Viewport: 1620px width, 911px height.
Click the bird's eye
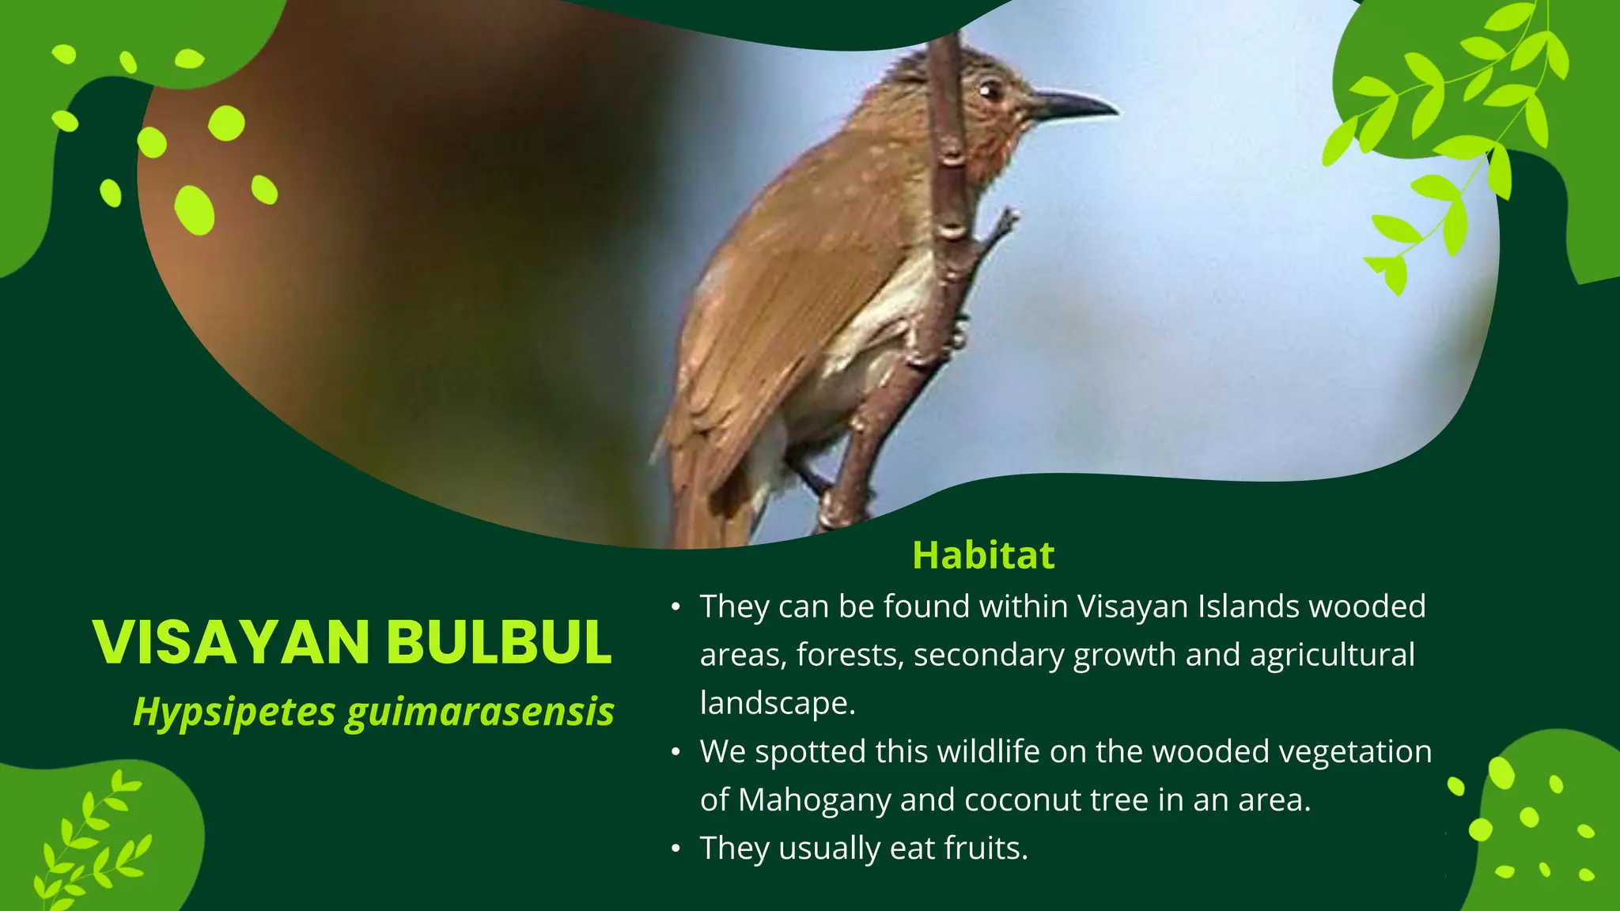click(x=989, y=91)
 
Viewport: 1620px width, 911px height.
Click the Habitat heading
click(x=983, y=555)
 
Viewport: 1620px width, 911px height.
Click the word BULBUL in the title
click(x=499, y=642)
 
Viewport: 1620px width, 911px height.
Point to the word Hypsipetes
click(x=234, y=712)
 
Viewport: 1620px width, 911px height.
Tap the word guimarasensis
click(x=479, y=712)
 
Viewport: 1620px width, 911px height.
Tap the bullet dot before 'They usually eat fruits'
click(x=675, y=849)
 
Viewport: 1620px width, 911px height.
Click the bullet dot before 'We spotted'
click(x=675, y=752)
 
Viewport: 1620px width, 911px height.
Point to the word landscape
click(x=777, y=703)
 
